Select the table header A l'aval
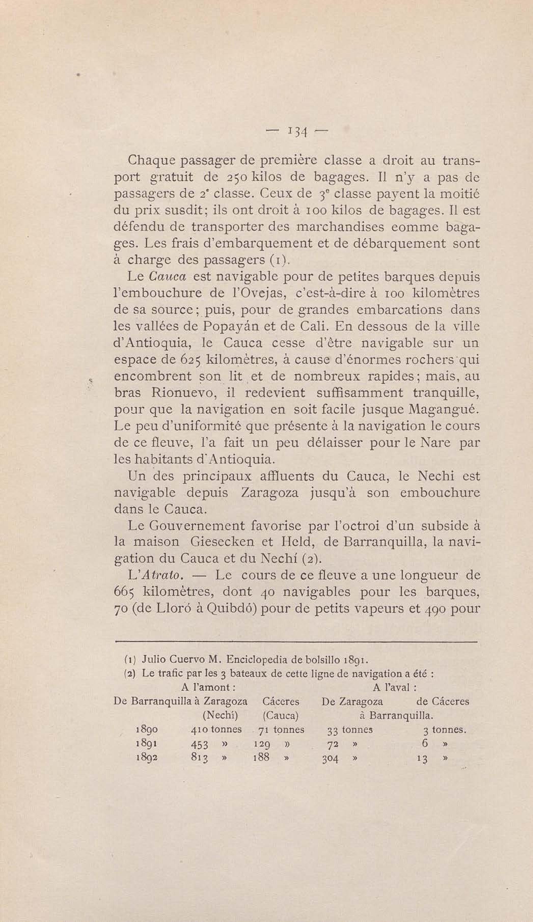[x=395, y=687]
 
